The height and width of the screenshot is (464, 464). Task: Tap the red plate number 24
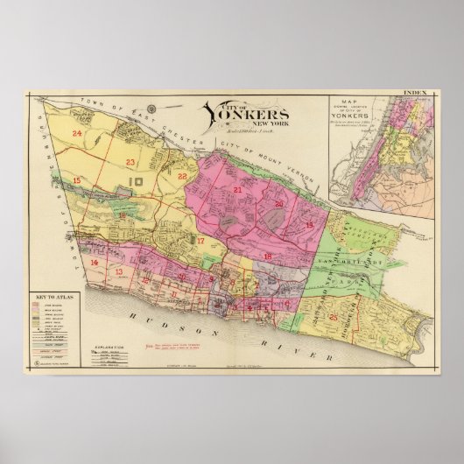(78, 134)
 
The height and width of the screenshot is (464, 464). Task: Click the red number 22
(182, 176)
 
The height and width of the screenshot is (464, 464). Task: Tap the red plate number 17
(200, 240)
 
